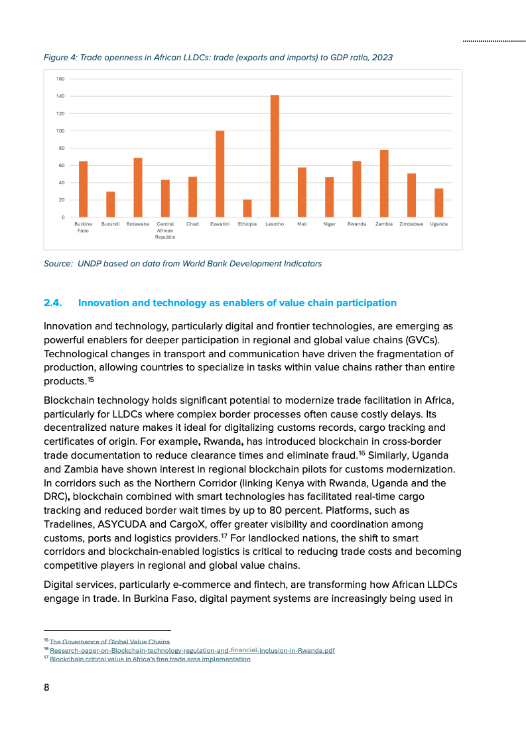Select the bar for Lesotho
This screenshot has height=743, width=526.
[x=275, y=156]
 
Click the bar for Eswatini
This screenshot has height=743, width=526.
[x=220, y=174]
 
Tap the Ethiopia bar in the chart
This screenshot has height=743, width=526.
[x=247, y=208]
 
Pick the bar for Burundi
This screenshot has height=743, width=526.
[x=111, y=204]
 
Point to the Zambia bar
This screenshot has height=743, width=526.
[x=384, y=184]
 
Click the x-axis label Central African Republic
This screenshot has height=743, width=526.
[x=165, y=230]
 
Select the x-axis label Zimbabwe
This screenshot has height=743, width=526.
[x=411, y=224]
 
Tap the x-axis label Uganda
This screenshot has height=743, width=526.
[x=438, y=224]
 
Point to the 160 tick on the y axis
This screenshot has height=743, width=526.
[x=60, y=79]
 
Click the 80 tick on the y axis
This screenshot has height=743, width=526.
[x=62, y=148]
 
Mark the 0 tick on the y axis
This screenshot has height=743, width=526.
[x=63, y=217]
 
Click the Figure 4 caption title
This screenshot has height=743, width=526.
[x=218, y=58]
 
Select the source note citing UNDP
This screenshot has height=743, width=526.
[x=182, y=264]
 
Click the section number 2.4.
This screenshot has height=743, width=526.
[x=52, y=303]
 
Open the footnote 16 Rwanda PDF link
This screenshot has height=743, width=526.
[x=192, y=650]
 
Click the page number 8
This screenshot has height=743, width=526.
[x=46, y=687]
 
